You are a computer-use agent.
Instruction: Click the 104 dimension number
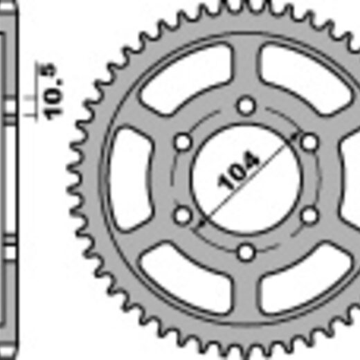click(238, 170)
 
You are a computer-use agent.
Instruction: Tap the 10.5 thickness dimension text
click(50, 92)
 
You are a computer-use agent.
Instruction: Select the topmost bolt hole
click(246, 106)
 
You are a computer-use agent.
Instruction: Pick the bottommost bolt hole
click(246, 252)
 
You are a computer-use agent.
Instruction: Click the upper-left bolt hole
click(183, 142)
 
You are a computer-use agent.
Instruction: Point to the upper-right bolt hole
click(309, 142)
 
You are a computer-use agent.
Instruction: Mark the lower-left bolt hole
click(183, 216)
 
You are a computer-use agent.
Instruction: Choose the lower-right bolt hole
click(309, 216)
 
